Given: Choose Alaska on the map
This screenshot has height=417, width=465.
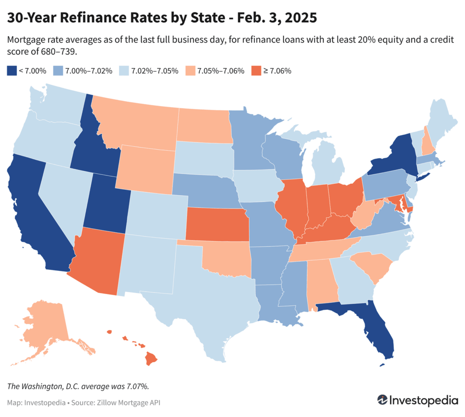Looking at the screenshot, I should [45, 327].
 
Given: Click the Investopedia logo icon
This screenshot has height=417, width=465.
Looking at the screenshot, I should [383, 400].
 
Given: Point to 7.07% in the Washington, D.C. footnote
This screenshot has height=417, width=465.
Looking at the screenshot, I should [136, 386].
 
